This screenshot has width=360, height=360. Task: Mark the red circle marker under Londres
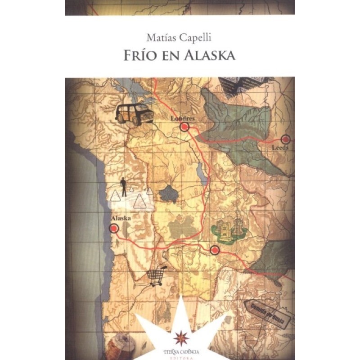click(x=184, y=127)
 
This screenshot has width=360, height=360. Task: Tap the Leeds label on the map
click(x=281, y=147)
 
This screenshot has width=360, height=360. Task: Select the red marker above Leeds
click(x=285, y=139)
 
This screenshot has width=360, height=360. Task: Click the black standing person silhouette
click(x=123, y=186)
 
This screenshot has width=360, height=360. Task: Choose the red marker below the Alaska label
click(x=114, y=228)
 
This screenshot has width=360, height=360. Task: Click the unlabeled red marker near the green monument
click(x=215, y=250)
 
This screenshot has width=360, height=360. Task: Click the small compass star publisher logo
click(x=180, y=336)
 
